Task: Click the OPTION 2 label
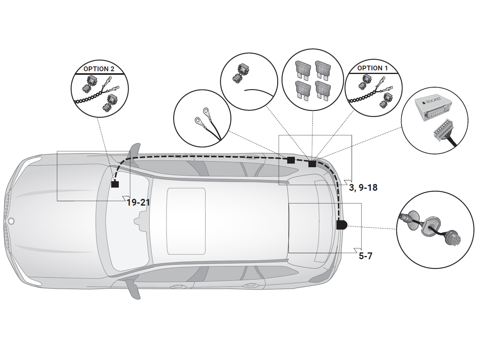[99, 69]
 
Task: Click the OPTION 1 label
[372, 68]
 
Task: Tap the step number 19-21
[138, 202]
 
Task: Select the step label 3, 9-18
[363, 187]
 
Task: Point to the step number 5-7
[365, 256]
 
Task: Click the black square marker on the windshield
[115, 184]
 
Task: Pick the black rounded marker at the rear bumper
[342, 225]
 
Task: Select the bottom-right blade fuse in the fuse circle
[322, 90]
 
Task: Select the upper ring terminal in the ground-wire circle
[206, 110]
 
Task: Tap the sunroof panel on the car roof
[186, 221]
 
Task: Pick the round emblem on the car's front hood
[11, 221]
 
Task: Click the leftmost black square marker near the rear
[291, 160]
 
